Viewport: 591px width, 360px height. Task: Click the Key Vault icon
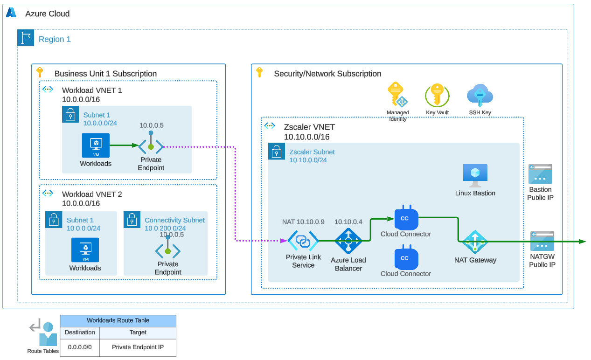[437, 96]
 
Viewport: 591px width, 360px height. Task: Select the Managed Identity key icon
[397, 95]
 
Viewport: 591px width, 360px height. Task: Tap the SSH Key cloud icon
[480, 96]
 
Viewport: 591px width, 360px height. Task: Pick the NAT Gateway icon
[475, 242]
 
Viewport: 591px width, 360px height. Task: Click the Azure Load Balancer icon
[348, 241]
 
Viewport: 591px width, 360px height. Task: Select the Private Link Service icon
[303, 241]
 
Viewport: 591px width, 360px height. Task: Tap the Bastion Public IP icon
[540, 174]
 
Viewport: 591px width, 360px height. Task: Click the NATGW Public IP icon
[542, 241]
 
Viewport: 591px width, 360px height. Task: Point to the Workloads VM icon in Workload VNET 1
[96, 145]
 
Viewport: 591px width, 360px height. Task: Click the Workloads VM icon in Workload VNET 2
[85, 250]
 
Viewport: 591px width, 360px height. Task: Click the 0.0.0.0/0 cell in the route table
[80, 347]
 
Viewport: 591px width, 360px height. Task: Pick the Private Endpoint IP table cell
[138, 347]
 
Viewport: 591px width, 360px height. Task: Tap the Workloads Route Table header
[118, 321]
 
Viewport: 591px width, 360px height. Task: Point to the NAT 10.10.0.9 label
[303, 222]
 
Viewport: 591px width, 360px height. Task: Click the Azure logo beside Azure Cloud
[11, 13]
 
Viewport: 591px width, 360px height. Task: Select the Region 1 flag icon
[26, 38]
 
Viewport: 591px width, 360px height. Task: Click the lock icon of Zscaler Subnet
[277, 151]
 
